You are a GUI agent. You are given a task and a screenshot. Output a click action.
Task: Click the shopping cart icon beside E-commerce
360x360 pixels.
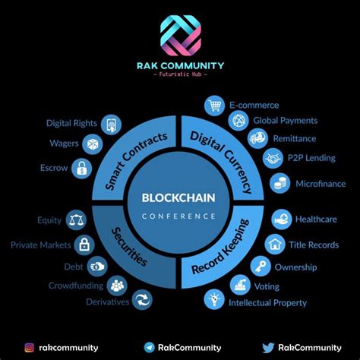coord(214,106)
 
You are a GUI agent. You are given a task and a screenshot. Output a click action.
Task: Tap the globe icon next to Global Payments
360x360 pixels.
coord(238,121)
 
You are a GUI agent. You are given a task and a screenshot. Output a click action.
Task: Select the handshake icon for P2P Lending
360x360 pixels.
coord(273,159)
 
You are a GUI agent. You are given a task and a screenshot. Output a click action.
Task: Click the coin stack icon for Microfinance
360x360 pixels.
coord(280,183)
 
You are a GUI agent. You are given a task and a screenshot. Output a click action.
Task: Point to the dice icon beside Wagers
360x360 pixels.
coord(93,144)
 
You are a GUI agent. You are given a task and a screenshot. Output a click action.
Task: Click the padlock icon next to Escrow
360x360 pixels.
coord(81,169)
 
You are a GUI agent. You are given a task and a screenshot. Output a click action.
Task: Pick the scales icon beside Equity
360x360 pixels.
coord(76,220)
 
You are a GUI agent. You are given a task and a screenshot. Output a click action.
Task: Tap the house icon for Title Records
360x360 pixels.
coord(275,245)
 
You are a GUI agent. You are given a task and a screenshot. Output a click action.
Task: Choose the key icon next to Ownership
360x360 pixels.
coord(261,267)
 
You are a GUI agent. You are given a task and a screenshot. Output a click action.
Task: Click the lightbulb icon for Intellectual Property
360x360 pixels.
coord(214,299)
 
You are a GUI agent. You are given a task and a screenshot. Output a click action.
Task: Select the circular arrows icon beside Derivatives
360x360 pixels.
coord(142,300)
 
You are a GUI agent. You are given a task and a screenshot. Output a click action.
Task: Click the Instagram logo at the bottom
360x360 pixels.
coord(30,348)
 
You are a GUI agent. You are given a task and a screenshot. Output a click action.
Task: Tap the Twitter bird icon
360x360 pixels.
coord(268,348)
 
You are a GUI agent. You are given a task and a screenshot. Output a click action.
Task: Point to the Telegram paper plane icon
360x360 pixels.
coord(150,347)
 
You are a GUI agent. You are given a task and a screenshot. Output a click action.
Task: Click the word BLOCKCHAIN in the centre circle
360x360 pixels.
coord(178,197)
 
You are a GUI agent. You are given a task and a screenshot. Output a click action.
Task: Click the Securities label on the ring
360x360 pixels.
coord(129,246)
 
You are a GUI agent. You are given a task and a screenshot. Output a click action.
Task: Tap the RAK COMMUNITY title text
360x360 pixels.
coord(181,66)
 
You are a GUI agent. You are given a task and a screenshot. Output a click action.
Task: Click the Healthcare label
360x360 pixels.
coord(316,219)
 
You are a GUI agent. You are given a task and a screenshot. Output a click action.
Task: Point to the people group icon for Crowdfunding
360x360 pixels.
coord(117,286)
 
